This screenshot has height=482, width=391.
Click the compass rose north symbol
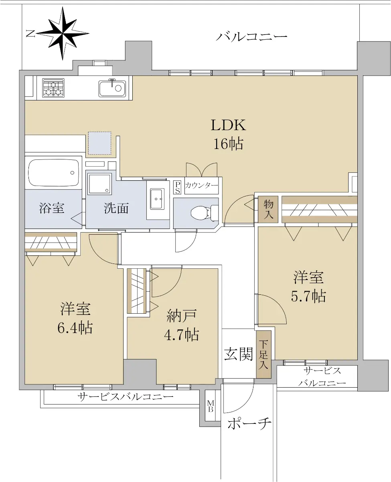point(62,33)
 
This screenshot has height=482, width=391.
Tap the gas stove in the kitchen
point(53,88)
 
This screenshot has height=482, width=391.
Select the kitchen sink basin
point(112,88)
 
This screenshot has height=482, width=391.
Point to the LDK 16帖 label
point(228,134)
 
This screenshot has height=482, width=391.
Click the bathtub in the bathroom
point(53,173)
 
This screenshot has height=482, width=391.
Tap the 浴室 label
point(52,208)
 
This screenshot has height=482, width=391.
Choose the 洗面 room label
point(116,208)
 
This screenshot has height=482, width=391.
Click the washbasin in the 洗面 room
point(158,199)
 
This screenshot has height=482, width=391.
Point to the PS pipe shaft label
point(178,187)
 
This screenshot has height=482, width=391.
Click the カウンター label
point(201,185)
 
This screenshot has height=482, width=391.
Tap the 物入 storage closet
point(268,209)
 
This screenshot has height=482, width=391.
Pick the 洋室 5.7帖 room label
point(308,287)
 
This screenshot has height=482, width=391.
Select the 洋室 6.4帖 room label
point(75,318)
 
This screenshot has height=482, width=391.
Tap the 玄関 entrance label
point(238,354)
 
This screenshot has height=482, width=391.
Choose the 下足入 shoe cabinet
point(263,354)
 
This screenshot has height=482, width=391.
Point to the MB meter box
point(211,406)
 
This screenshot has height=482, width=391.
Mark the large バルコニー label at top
point(251,37)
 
